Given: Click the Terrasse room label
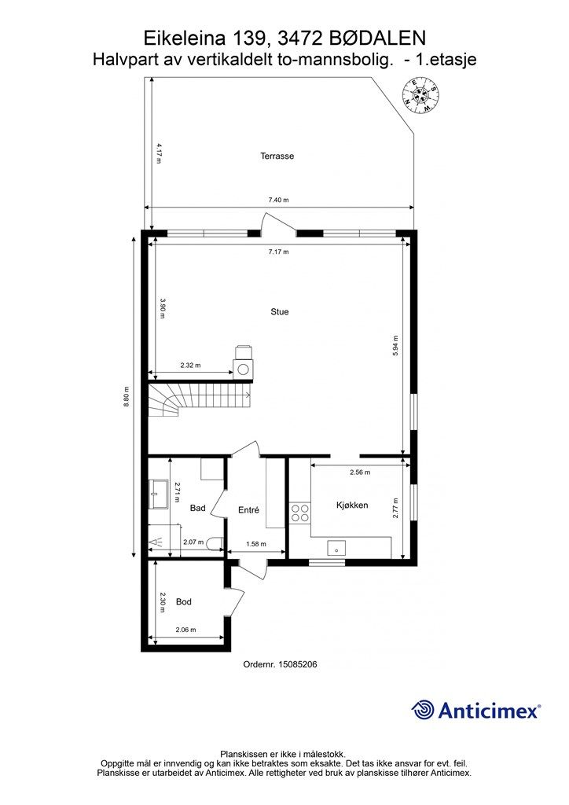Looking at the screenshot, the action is pyautogui.click(x=277, y=156).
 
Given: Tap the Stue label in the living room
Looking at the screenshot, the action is pyautogui.click(x=280, y=311).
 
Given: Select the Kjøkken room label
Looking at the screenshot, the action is pyautogui.click(x=352, y=505).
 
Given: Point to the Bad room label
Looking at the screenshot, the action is pyautogui.click(x=197, y=508).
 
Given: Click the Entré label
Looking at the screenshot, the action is pyautogui.click(x=249, y=509).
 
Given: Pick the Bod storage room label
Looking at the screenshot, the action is pyautogui.click(x=184, y=601).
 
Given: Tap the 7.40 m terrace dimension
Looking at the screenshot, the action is pyautogui.click(x=278, y=200).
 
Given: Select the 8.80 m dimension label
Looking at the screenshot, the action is pyautogui.click(x=127, y=397).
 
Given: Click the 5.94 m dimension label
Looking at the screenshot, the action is pyautogui.click(x=395, y=346).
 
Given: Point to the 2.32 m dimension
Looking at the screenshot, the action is pyautogui.click(x=190, y=366).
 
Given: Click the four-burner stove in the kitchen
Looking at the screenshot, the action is pyautogui.click(x=300, y=513).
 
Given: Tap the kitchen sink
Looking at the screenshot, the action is pyautogui.click(x=336, y=548).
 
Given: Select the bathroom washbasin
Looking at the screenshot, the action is pyautogui.click(x=159, y=494).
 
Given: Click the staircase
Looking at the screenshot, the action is pyautogui.click(x=200, y=402).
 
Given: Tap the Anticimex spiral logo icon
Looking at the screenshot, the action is pyautogui.click(x=423, y=710).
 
